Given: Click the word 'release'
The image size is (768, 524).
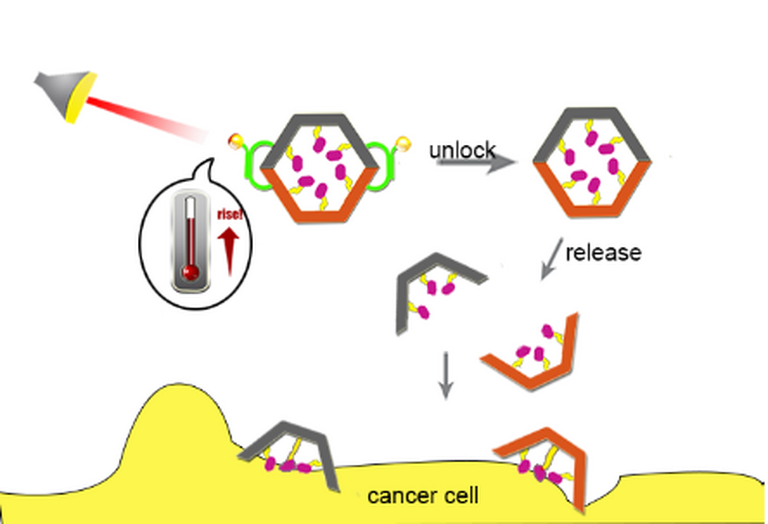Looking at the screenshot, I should [x=603, y=253].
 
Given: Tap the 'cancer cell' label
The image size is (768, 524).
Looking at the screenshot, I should [x=423, y=496].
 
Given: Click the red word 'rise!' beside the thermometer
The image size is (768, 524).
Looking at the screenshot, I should [x=230, y=215].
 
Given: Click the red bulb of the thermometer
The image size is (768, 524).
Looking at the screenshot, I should [x=191, y=273].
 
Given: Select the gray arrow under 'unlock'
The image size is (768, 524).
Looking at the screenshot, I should [x=476, y=163].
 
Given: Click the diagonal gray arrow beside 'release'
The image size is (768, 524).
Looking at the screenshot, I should [x=550, y=259].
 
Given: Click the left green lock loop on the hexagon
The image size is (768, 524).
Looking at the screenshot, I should [x=256, y=165].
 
